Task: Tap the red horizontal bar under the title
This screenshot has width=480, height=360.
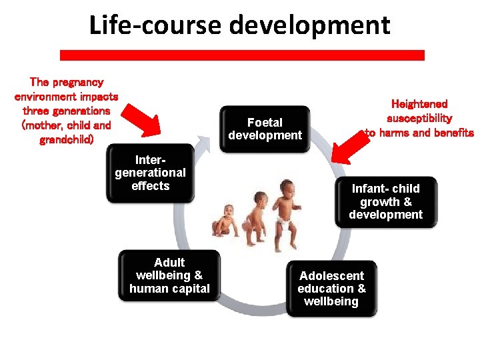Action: [x=242, y=55]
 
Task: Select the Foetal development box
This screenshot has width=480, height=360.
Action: [x=265, y=129]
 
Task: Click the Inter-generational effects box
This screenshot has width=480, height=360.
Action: [x=151, y=173]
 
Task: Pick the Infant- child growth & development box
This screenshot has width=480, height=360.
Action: [x=385, y=201]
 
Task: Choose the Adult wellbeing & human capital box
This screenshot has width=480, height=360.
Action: [x=169, y=275]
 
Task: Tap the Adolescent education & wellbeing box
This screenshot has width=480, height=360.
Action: [x=331, y=288]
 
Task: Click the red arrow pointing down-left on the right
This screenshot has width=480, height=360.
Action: [x=351, y=143]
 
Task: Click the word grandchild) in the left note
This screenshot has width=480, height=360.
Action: [x=67, y=140]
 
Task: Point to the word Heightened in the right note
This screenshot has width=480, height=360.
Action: [x=419, y=104]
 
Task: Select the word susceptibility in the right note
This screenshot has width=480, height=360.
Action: [x=419, y=118]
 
